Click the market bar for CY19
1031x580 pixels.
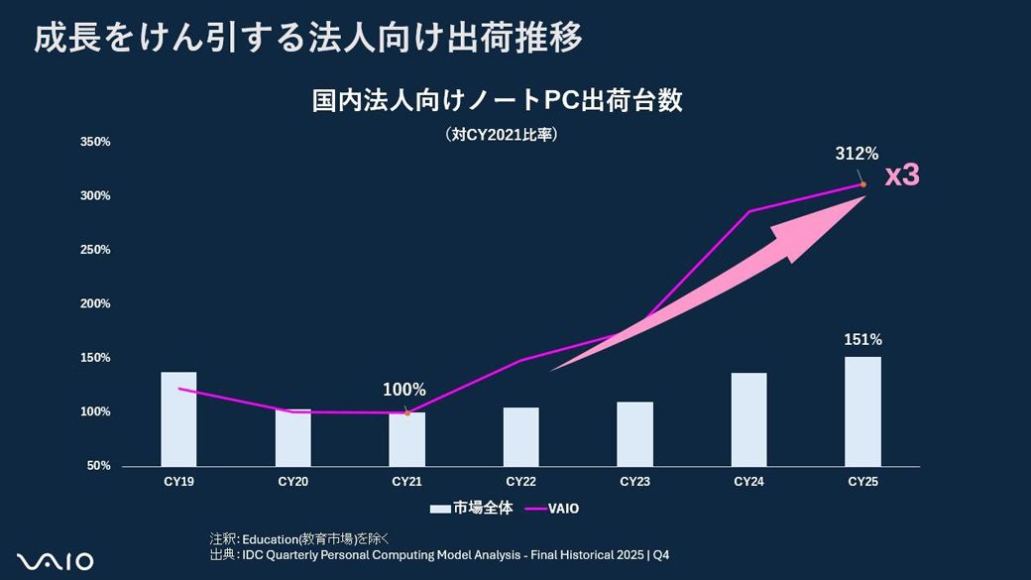(178, 419)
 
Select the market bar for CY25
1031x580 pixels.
(862, 411)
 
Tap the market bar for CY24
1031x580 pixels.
(748, 419)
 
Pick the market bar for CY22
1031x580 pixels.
(520, 436)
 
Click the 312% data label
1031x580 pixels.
(857, 154)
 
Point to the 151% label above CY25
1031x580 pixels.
(862, 340)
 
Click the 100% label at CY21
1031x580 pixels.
(404, 390)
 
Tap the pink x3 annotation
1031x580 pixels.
(902, 175)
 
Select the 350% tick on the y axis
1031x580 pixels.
(95, 142)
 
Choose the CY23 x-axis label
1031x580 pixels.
(634, 483)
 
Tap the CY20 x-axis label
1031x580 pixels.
(292, 483)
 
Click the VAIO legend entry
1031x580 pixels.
(552, 509)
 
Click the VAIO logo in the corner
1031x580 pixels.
(56, 561)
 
